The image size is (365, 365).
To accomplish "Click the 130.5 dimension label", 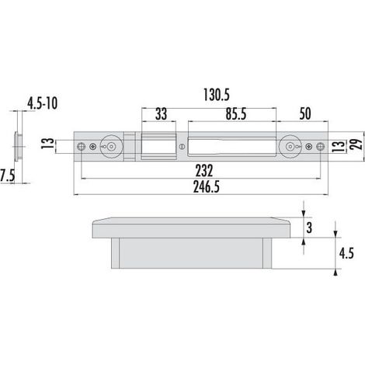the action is tap(217, 95).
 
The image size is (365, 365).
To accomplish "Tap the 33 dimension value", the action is tap(161, 114).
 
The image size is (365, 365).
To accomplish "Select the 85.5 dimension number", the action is tap(236, 114).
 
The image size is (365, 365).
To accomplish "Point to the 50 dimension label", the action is tap(305, 114).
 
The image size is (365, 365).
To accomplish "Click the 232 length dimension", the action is tap(204, 171).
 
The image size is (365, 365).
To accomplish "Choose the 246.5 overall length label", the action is tap(207, 187).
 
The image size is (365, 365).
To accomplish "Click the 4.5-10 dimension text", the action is tap(42, 103).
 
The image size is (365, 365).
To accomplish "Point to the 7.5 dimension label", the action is tap(8, 176).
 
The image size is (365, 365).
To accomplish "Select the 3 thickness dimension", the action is tap(309, 228).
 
